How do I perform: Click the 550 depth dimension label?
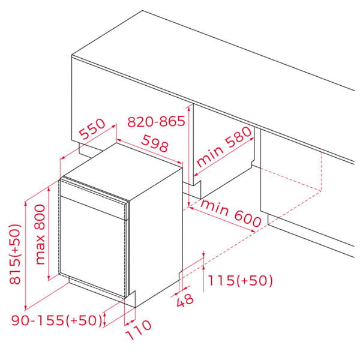92,129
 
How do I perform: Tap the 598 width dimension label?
155,143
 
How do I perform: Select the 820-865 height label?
156,121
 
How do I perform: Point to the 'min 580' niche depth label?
224,147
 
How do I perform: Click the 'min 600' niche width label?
230,213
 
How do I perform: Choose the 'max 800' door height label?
40,235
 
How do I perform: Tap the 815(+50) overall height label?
15,254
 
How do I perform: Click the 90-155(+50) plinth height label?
56,320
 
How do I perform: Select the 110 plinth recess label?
139,329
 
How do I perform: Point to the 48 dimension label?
185,300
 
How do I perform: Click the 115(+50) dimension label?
240,280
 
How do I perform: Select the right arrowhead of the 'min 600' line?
253,231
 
